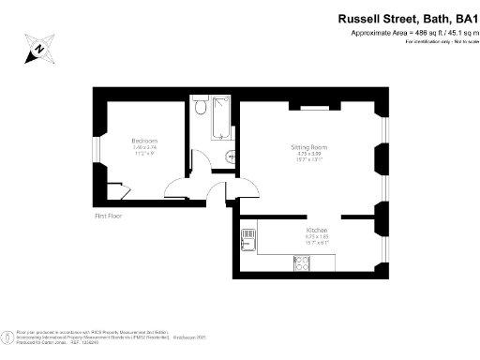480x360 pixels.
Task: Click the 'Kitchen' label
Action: point(315,230)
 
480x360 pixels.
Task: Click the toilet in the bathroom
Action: point(199,109)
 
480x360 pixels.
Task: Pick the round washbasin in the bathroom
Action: point(230,157)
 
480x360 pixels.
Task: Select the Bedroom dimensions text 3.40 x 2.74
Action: point(143,149)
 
